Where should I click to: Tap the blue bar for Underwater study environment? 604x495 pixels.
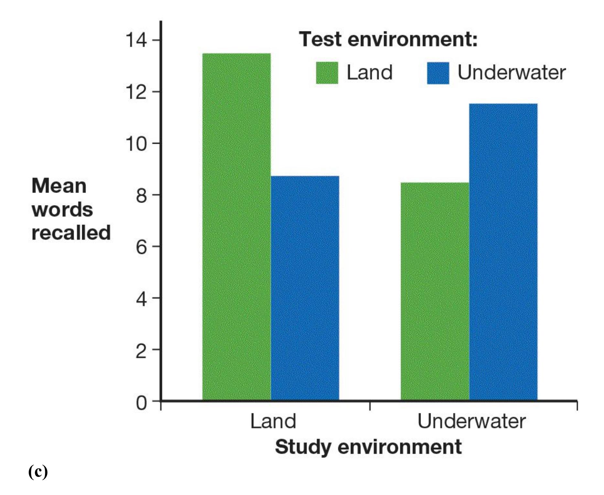[x=503, y=252]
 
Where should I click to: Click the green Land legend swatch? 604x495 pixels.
[x=327, y=73]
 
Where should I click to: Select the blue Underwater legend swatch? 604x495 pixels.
[x=438, y=73]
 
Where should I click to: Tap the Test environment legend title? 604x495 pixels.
[x=388, y=39]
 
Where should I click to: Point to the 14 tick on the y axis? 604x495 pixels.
[x=136, y=40]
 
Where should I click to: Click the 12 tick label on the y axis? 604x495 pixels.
[x=136, y=92]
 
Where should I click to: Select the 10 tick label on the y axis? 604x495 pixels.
[x=136, y=143]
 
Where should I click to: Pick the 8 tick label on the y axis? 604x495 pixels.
[x=141, y=195]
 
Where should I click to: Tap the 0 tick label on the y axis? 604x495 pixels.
[x=141, y=403]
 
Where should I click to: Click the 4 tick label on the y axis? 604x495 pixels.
[x=141, y=299]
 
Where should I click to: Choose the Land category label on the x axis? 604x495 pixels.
[x=273, y=421]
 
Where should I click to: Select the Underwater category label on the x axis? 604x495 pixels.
[x=471, y=421]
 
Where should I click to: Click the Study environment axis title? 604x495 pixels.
[x=368, y=447]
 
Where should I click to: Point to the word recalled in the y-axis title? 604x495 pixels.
[x=71, y=233]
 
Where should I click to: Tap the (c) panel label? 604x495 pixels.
[x=38, y=472]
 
